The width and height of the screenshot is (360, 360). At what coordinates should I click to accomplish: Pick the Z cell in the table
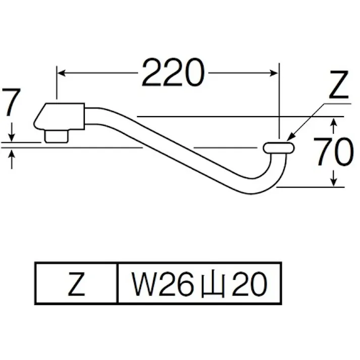click(76, 286)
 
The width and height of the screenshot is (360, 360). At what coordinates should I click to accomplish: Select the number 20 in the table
click(249, 286)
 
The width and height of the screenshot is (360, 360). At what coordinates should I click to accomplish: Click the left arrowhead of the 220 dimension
click(61, 73)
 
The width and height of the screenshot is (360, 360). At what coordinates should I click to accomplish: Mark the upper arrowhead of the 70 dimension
click(334, 122)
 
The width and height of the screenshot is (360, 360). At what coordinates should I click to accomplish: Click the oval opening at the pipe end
click(278, 147)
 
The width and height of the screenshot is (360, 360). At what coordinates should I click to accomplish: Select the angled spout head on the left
click(58, 116)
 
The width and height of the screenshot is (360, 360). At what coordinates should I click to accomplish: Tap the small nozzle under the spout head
click(56, 136)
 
